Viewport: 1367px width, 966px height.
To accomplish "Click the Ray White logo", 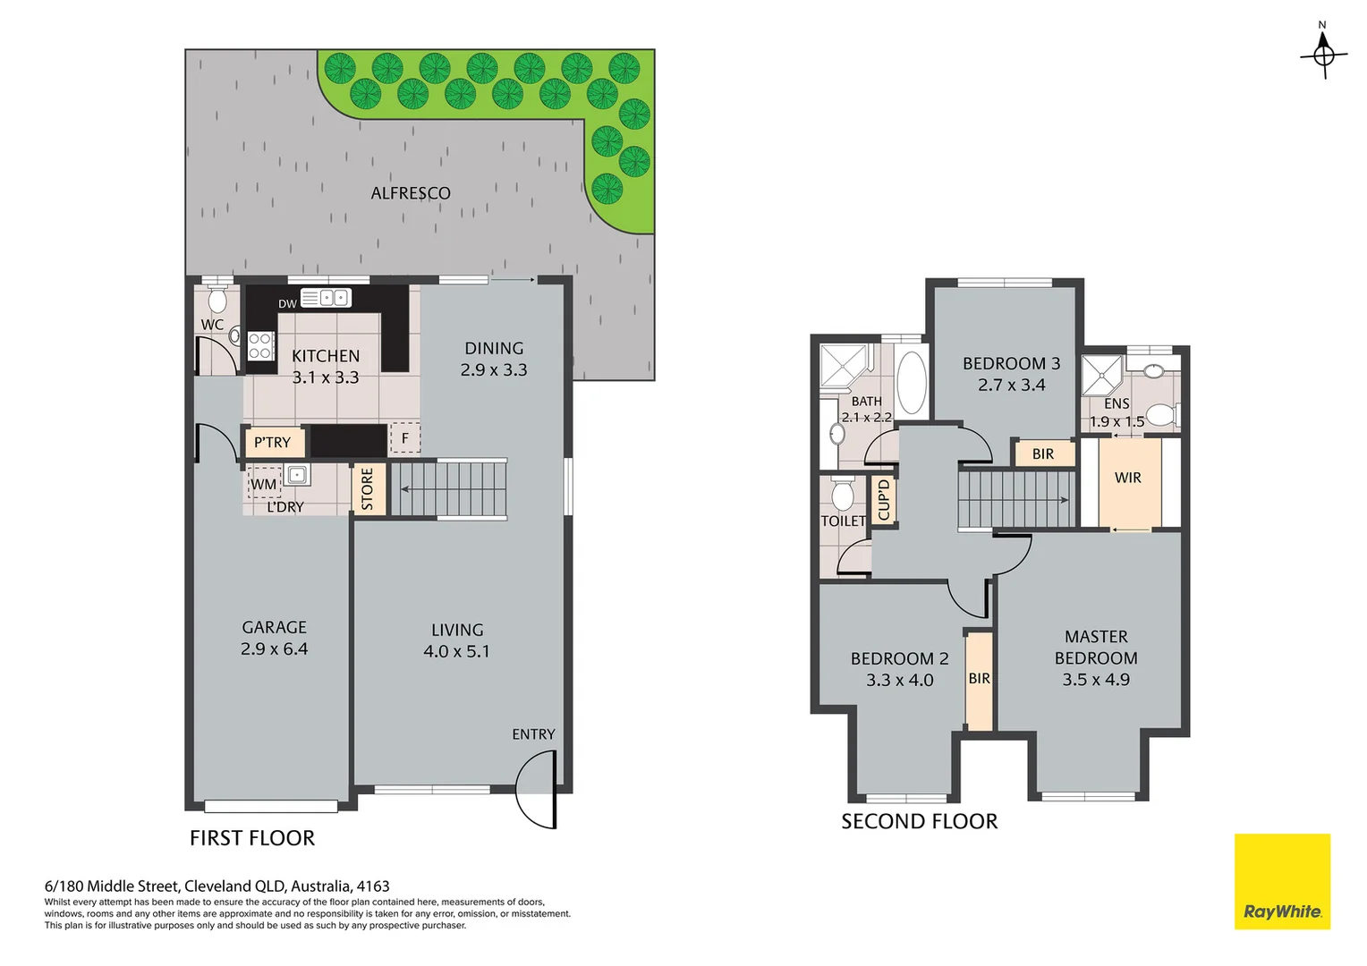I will click(x=1281, y=882).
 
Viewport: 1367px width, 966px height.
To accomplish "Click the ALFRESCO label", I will click(x=411, y=193).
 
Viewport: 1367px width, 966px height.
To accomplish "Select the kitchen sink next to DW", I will click(x=326, y=298).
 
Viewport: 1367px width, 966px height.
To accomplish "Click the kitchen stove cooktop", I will click(x=260, y=345).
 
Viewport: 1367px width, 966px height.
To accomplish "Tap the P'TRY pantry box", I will click(x=274, y=442).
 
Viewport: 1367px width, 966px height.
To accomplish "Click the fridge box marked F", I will click(x=404, y=438).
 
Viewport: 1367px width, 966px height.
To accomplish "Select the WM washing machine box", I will click(x=264, y=484).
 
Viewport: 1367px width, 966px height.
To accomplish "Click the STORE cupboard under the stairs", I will click(x=368, y=489).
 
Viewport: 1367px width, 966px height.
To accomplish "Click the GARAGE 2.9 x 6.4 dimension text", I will click(x=274, y=649).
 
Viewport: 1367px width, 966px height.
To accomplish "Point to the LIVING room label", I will click(x=457, y=631).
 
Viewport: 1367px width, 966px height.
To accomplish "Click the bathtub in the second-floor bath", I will click(x=911, y=383).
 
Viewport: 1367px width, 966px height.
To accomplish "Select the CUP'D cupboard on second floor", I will click(x=884, y=499).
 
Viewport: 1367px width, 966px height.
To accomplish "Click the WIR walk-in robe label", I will click(x=1127, y=478).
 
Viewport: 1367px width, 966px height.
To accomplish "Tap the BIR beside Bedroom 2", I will click(x=979, y=679).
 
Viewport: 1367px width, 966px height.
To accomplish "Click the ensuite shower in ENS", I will click(x=1101, y=376).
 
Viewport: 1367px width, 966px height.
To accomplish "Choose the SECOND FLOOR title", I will click(x=919, y=821).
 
